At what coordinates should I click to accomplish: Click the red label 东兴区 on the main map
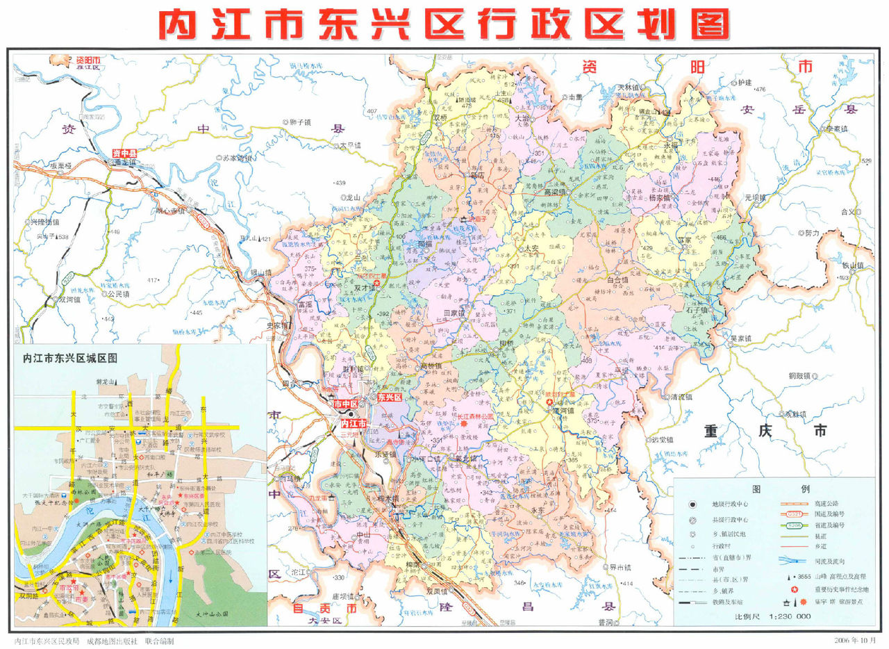pos(390,398)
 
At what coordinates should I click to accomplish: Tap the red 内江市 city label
pos(353,423)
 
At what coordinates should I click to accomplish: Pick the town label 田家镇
pos(454,313)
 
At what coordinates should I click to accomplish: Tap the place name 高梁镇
pos(556,192)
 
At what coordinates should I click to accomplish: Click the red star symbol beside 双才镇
pos(377,284)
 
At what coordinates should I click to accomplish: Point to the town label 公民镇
pos(119,294)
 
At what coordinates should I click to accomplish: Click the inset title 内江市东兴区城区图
pos(70,359)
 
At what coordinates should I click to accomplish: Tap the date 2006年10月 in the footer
pos(857,639)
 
